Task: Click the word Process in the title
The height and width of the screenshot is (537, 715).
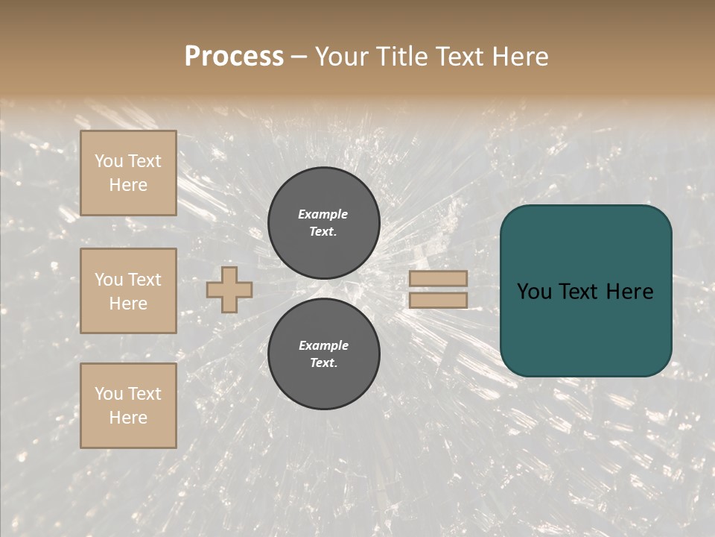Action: (x=234, y=56)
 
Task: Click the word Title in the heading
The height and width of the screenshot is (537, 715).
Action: (x=402, y=56)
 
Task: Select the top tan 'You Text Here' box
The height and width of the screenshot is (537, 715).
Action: (x=128, y=173)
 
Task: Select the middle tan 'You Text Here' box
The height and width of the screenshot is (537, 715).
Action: (x=128, y=291)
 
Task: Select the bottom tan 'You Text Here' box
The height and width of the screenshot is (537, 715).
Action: (x=128, y=406)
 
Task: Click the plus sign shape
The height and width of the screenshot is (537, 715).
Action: (x=229, y=289)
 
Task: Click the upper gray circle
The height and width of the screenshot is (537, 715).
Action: (x=324, y=223)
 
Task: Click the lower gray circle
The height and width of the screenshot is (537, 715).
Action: (x=324, y=354)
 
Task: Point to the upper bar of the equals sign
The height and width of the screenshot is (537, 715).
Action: (x=438, y=278)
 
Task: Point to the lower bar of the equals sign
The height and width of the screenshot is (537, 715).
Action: (x=438, y=300)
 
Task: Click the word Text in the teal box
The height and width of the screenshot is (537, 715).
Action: (x=585, y=291)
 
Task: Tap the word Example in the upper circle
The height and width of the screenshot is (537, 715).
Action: (x=323, y=214)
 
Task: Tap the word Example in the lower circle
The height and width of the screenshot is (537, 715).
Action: (x=323, y=345)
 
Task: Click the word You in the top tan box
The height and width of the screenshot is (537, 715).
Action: (x=109, y=161)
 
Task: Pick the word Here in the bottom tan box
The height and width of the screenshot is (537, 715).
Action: (x=128, y=418)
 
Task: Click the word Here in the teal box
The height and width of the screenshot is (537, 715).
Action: (x=630, y=291)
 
